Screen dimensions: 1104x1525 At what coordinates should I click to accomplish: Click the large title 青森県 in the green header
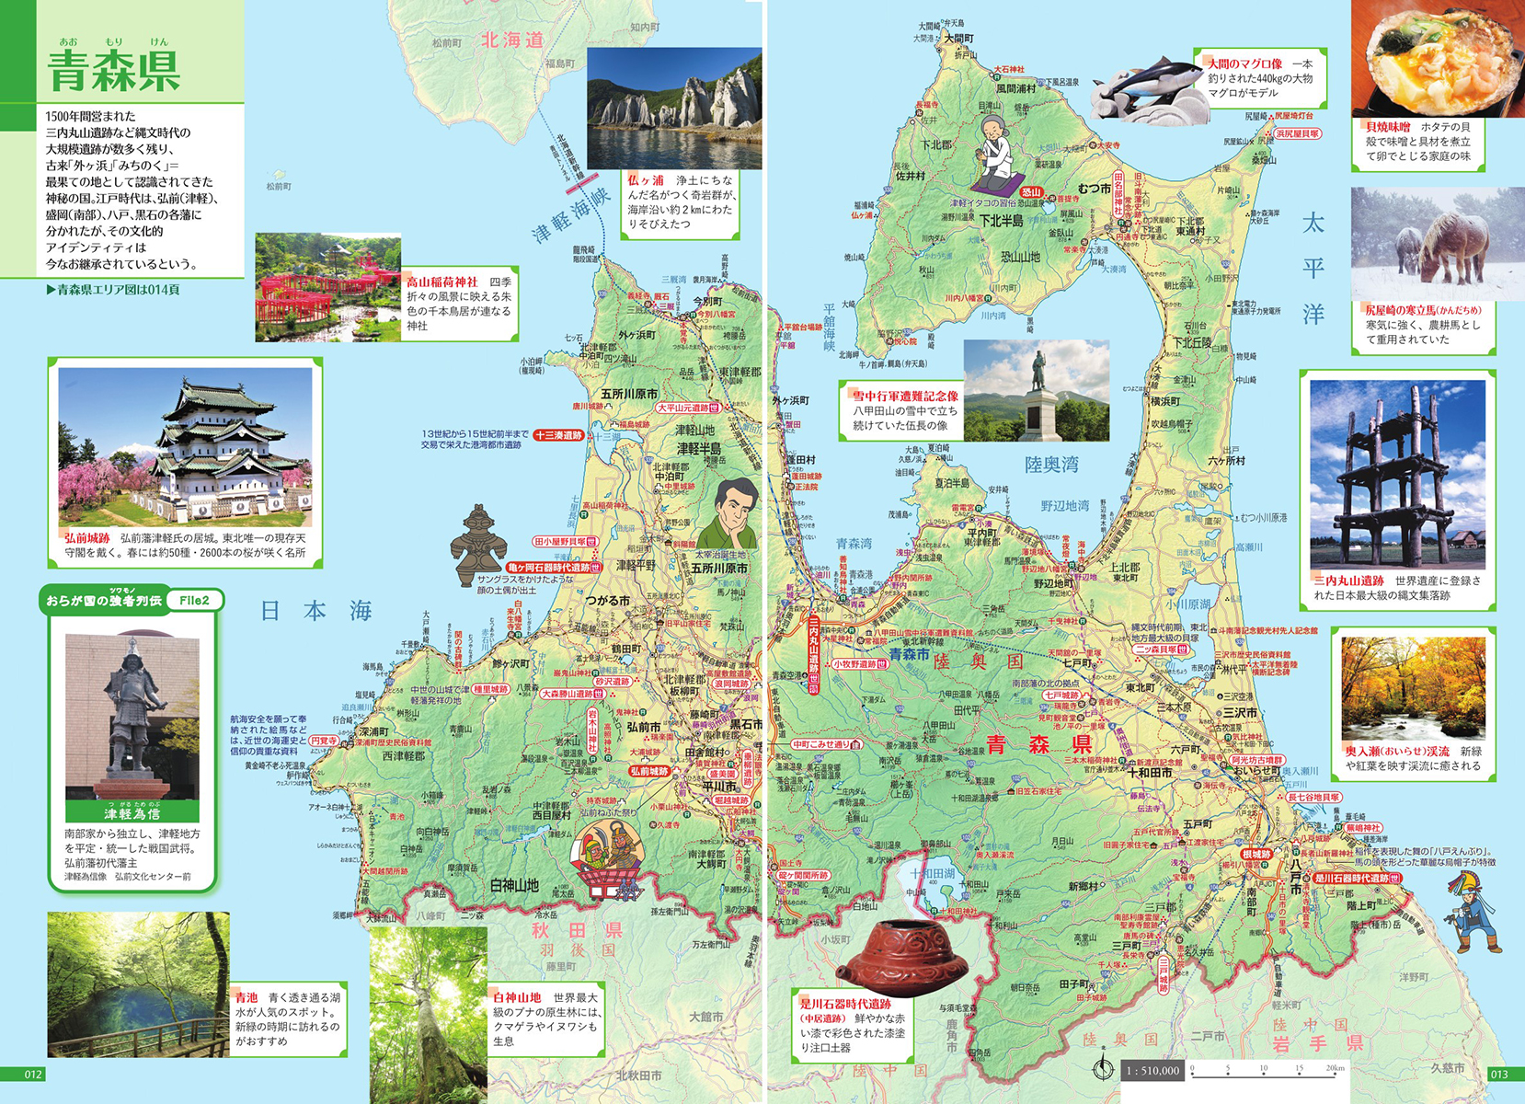[x=113, y=71]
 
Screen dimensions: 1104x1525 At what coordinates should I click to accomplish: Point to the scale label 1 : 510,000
[x=1152, y=1070]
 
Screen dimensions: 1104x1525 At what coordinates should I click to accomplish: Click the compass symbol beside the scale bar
[x=1102, y=1069]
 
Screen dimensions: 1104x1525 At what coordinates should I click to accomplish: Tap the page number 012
[x=33, y=1075]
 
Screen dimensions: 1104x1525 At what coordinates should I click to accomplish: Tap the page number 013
[x=1498, y=1075]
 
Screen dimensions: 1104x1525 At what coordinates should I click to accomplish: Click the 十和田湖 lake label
[x=932, y=873]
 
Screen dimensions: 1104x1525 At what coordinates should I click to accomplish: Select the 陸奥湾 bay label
[x=1051, y=465]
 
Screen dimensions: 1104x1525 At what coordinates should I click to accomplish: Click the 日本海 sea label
[x=315, y=611]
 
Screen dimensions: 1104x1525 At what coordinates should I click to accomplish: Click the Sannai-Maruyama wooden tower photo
[x=1396, y=475]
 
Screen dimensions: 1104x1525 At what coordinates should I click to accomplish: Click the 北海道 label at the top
[x=512, y=40]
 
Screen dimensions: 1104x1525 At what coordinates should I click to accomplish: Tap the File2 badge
[x=193, y=601]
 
